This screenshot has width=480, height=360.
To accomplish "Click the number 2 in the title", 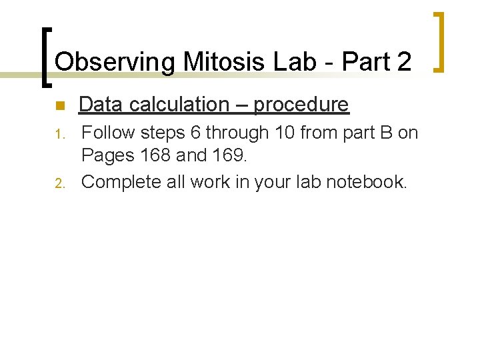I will (x=403, y=62).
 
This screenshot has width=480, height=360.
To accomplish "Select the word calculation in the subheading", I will (x=175, y=105).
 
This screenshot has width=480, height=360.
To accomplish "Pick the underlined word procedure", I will (x=301, y=105).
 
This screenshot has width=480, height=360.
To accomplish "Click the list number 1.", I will (x=59, y=135).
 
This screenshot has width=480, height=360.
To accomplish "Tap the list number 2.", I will (x=59, y=183).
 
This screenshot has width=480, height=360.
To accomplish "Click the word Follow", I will (x=107, y=133).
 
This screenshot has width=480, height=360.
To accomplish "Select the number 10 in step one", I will (x=283, y=133).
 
